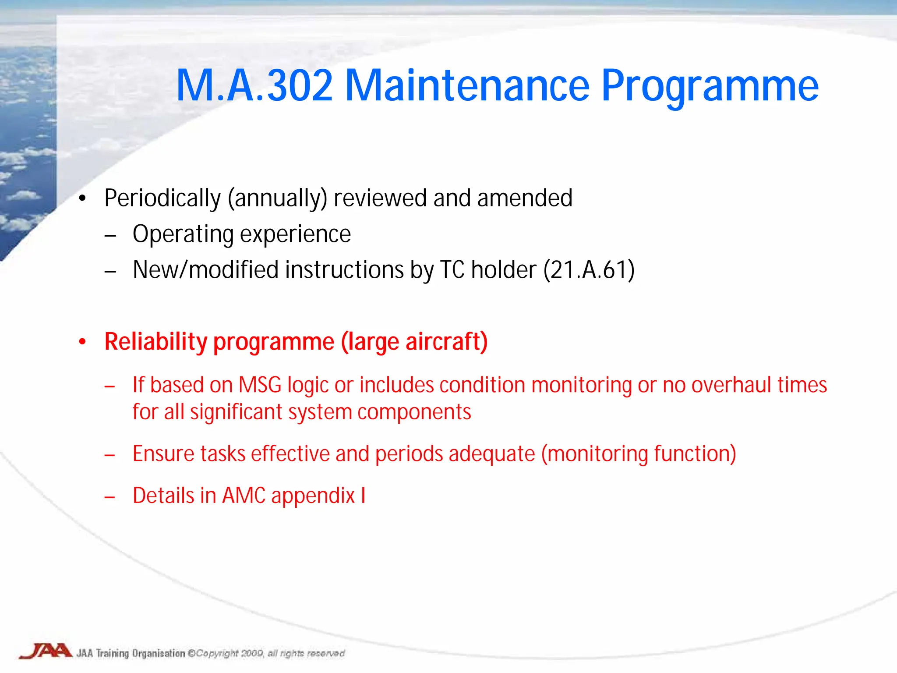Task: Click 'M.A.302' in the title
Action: point(254,85)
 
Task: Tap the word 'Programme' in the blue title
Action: point(710,85)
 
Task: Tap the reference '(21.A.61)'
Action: point(589,270)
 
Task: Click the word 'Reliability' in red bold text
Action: point(155,342)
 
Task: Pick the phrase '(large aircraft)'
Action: point(414,342)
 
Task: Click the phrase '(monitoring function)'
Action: point(639,454)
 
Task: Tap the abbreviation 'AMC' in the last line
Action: point(244,496)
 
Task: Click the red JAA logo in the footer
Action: point(46,651)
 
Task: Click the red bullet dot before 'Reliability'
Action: point(82,342)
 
